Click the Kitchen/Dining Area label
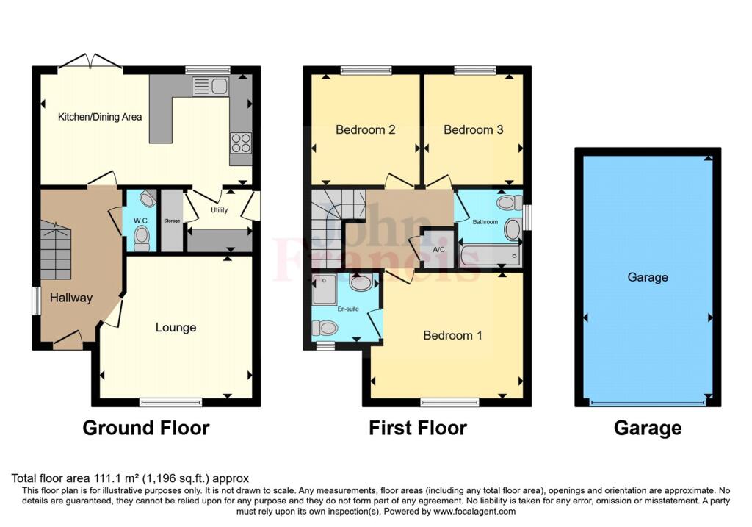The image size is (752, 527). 101,117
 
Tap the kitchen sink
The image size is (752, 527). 211,87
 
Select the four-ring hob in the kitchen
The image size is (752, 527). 240,142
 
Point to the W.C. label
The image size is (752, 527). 141,221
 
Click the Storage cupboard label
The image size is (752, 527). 172,221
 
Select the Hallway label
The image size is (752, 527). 71,298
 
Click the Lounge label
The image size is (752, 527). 176,327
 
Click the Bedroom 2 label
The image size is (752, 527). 366,130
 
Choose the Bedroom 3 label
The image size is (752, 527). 473,130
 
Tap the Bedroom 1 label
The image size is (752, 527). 452,335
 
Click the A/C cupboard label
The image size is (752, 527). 440,250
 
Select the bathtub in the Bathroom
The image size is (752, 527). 490,256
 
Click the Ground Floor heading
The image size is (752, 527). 145,428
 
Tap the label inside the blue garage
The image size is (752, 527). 648,277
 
